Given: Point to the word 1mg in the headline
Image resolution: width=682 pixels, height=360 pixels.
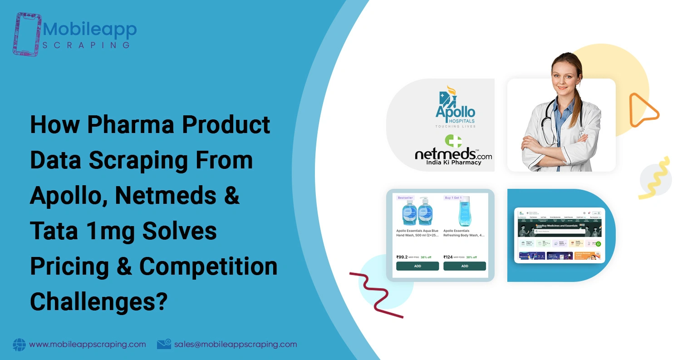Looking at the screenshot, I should tap(108, 231).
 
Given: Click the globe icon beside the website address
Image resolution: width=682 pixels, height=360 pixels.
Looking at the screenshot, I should tap(20, 345).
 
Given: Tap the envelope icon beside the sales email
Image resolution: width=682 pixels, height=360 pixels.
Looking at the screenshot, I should tap(164, 345).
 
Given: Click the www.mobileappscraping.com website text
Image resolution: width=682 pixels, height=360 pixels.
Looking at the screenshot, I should tap(88, 345).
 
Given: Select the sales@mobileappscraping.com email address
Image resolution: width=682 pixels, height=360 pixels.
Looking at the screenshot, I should tap(236, 345).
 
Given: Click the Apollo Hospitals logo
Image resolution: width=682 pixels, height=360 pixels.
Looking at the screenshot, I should tap(455, 107).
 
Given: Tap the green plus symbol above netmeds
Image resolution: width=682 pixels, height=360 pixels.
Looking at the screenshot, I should tap(453, 141).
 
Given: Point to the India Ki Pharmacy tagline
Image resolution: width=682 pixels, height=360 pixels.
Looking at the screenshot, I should tap(453, 162).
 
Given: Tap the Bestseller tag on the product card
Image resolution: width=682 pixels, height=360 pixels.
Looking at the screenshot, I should tap(405, 198).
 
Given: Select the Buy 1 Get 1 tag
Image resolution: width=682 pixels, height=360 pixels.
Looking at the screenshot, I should tap(453, 198).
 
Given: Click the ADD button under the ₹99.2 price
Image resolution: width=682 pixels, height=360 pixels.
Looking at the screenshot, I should tap(417, 266).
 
